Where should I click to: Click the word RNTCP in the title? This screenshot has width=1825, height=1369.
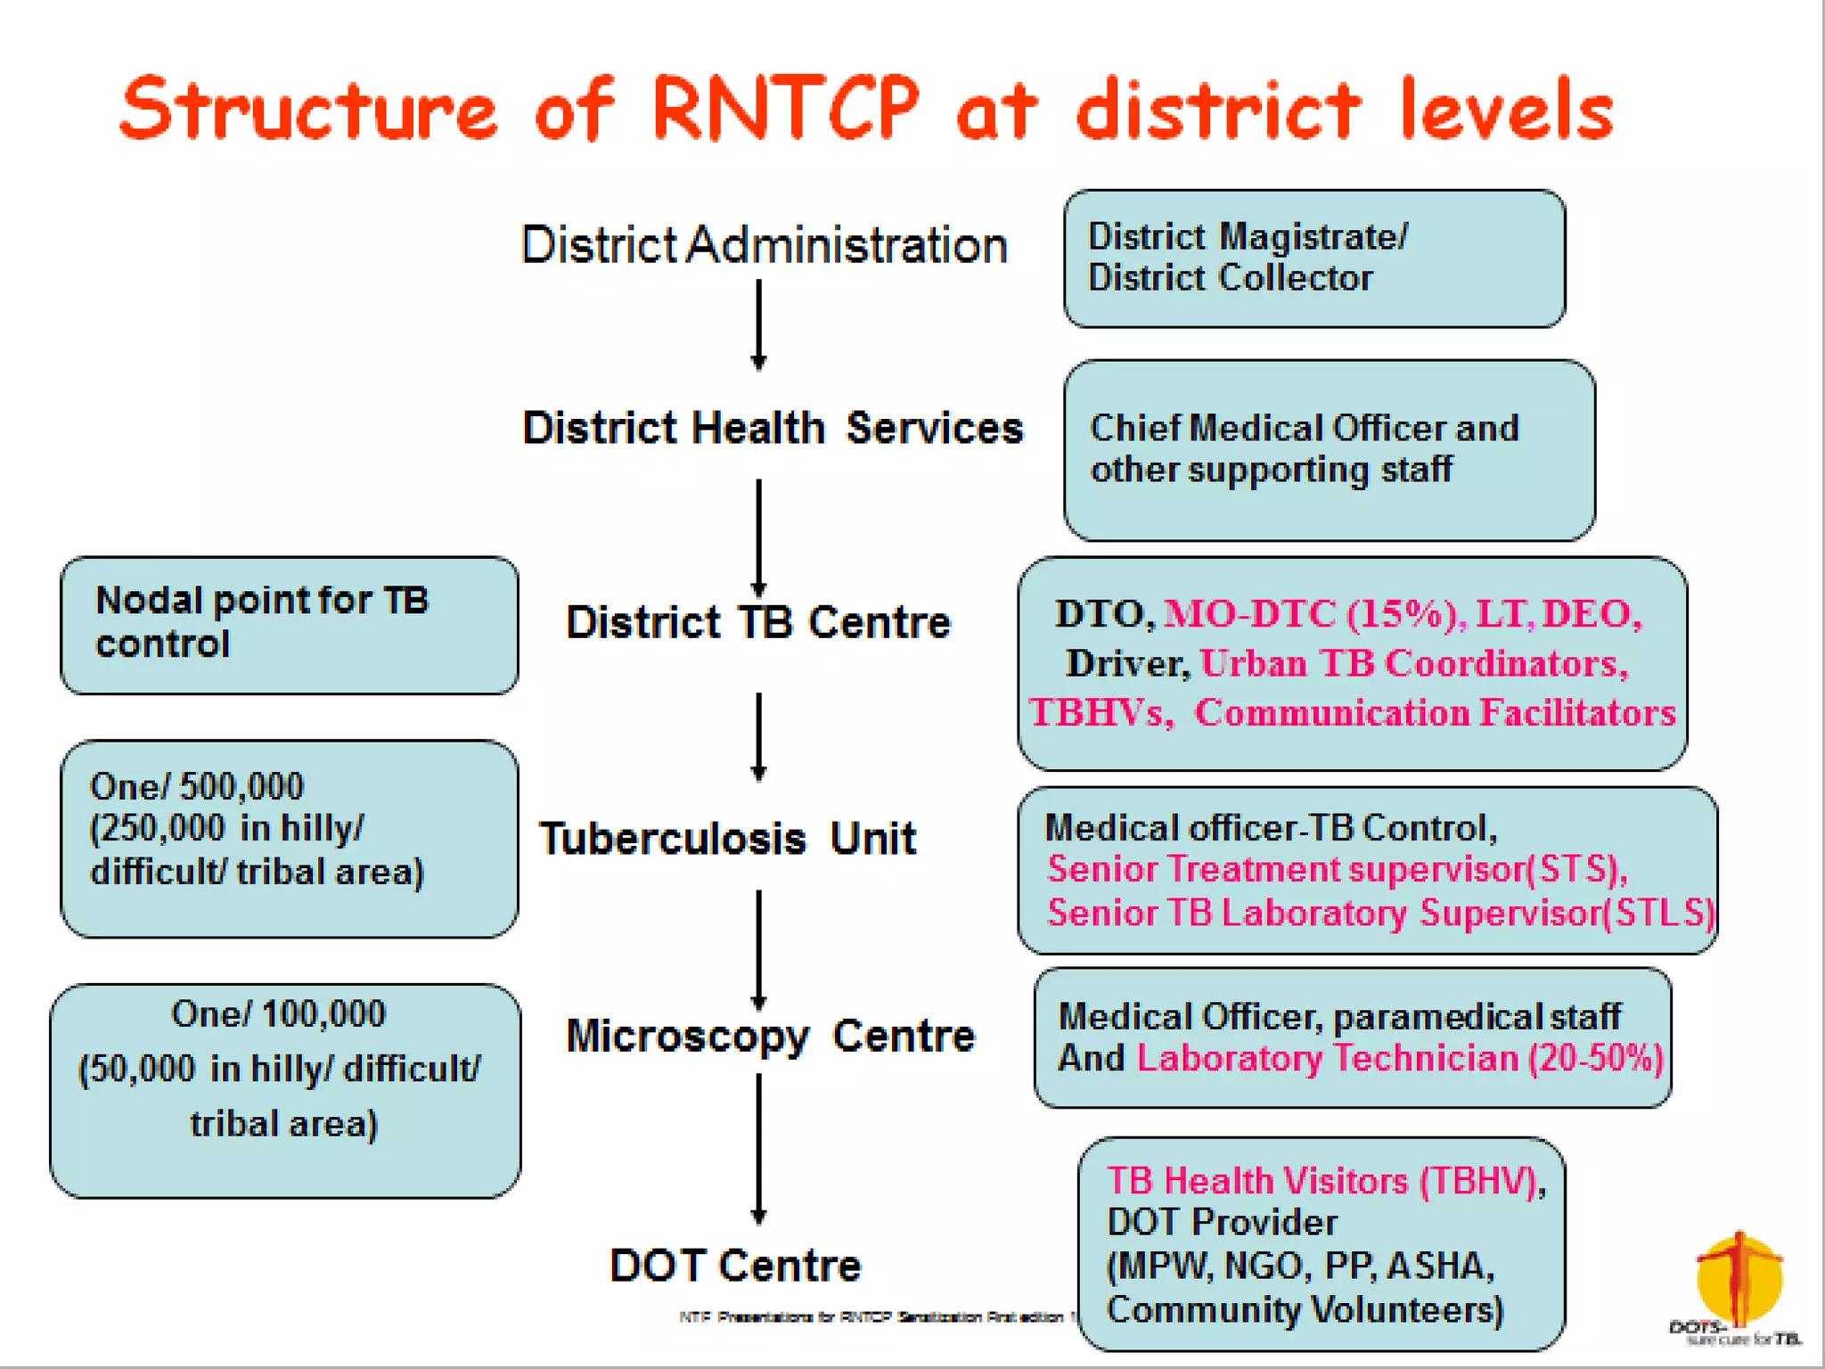[x=784, y=109]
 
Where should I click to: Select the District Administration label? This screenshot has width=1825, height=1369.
[x=764, y=245]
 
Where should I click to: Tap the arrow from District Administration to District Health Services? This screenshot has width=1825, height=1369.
[x=758, y=324]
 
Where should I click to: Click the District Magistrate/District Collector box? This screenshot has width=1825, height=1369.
[x=1314, y=258]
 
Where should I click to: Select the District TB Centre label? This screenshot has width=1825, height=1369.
[x=758, y=622]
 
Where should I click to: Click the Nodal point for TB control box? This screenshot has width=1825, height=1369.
[x=289, y=625]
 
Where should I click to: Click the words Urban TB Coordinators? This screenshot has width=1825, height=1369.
[x=1412, y=664]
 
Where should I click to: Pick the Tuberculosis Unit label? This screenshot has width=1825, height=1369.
[x=727, y=839]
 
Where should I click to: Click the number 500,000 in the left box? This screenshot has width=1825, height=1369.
[x=241, y=787]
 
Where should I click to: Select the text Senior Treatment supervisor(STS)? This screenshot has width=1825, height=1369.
[x=1337, y=870]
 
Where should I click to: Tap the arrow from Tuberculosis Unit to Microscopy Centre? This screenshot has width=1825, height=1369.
[x=758, y=949]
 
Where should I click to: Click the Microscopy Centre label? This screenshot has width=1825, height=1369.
[x=771, y=1036]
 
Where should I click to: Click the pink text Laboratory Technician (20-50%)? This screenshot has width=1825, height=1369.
[x=1399, y=1059]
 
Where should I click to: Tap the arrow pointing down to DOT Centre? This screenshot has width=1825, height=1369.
[x=758, y=1150]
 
